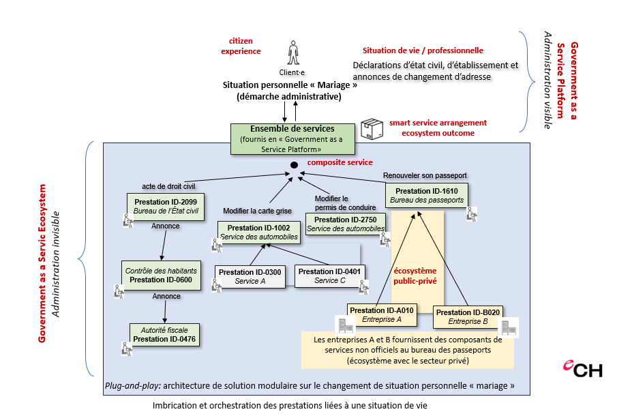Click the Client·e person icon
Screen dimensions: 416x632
click(x=292, y=53)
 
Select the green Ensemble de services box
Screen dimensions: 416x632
click(x=292, y=138)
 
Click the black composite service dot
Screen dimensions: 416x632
click(x=294, y=165)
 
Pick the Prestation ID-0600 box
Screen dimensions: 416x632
click(x=161, y=275)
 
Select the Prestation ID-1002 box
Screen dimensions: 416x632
click(x=258, y=232)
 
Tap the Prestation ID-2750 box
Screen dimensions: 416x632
click(x=345, y=224)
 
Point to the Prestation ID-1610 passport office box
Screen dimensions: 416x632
click(x=427, y=195)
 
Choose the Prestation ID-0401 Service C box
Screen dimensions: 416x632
click(x=330, y=276)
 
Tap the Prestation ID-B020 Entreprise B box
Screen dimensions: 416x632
click(x=467, y=317)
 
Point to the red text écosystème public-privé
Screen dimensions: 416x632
click(x=416, y=275)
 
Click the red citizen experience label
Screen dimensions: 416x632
click(x=245, y=46)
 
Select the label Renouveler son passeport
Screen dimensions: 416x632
click(x=425, y=175)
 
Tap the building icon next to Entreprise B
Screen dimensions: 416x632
click(x=510, y=326)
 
